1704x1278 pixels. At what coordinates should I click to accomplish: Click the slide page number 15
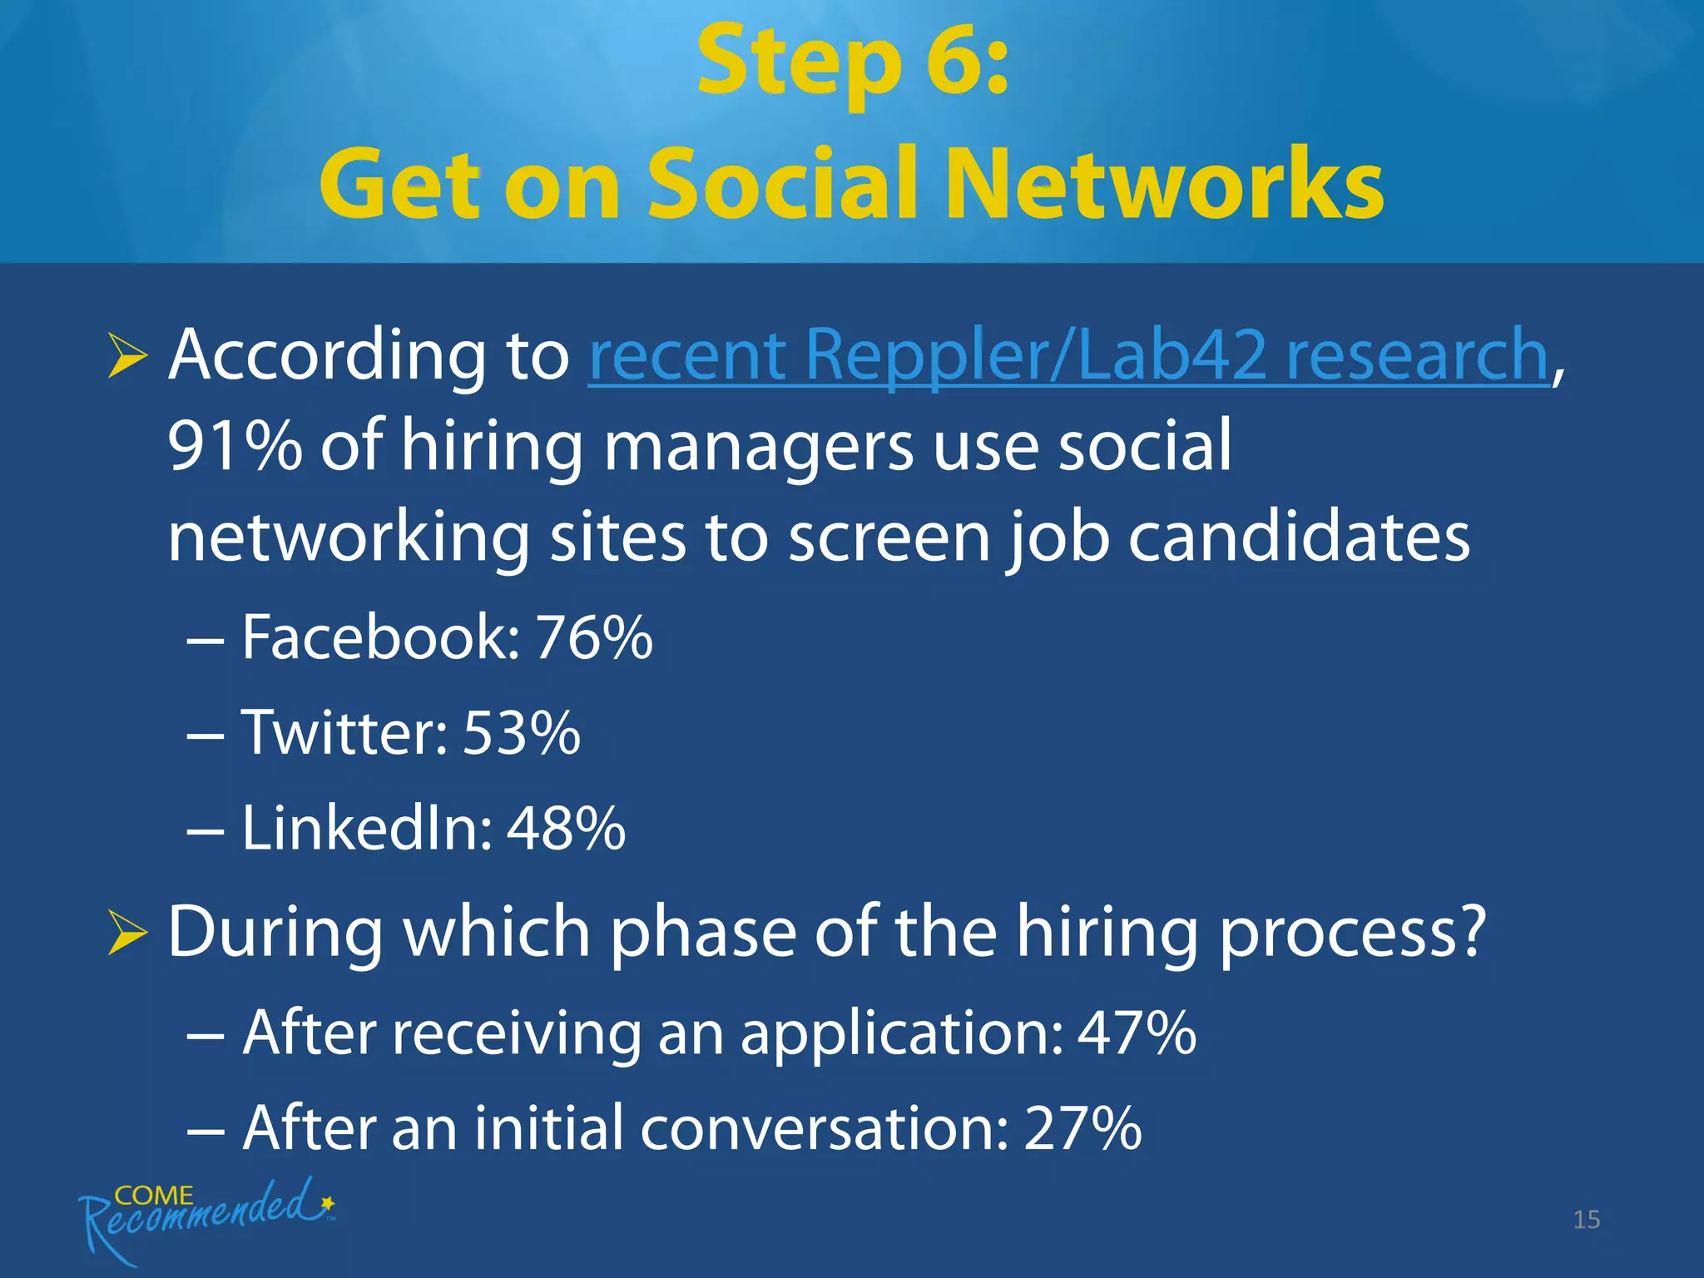click(1586, 1220)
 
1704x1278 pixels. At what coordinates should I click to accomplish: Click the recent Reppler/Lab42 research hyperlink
click(1067, 355)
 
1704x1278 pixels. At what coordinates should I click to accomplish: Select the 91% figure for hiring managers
click(235, 447)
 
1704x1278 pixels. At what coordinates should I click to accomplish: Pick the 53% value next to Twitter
click(521, 734)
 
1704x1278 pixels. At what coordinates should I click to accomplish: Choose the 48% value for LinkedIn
click(566, 829)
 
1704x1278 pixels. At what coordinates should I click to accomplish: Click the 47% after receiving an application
click(1137, 1033)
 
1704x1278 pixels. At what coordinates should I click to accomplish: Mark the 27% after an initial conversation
click(1082, 1129)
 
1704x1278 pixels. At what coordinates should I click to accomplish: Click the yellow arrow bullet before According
click(127, 359)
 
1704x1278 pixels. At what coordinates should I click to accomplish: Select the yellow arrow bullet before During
click(127, 934)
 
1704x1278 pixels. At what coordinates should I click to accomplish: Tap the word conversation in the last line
click(824, 1129)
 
